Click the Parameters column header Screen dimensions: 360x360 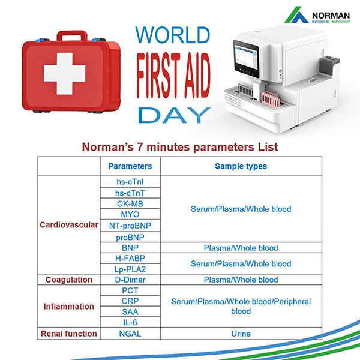[x=130, y=166]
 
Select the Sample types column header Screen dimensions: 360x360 [x=241, y=166]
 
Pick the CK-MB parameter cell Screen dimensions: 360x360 [x=130, y=203]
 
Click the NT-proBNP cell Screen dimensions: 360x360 [x=130, y=226]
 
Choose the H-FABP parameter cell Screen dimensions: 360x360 [x=130, y=258]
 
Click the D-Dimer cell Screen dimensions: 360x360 [x=130, y=280]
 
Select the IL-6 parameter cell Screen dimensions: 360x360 [x=130, y=323]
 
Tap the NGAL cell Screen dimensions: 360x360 [x=130, y=334]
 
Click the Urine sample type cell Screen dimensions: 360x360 [x=241, y=334]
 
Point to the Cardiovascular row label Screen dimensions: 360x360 [x=68, y=226]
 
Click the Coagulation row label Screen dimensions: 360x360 [x=68, y=280]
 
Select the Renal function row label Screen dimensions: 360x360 [x=68, y=334]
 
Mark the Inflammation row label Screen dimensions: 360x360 [x=68, y=307]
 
